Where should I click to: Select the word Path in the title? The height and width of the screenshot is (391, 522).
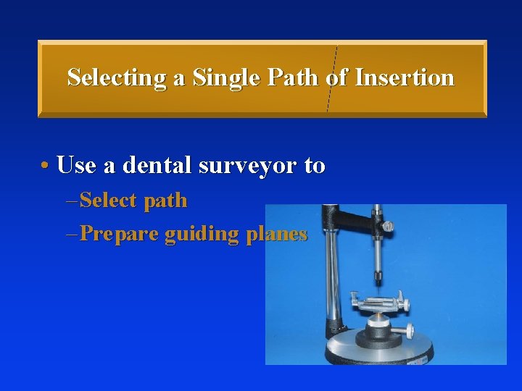(292, 77)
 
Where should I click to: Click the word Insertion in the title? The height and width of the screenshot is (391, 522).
(405, 77)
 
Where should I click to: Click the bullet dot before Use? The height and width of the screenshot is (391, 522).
(45, 166)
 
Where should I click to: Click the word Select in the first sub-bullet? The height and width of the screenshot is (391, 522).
(109, 201)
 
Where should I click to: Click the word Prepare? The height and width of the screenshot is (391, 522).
(119, 234)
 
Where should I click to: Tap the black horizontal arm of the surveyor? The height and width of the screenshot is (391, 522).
(355, 213)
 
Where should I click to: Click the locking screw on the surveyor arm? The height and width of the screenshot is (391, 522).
(388, 226)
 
